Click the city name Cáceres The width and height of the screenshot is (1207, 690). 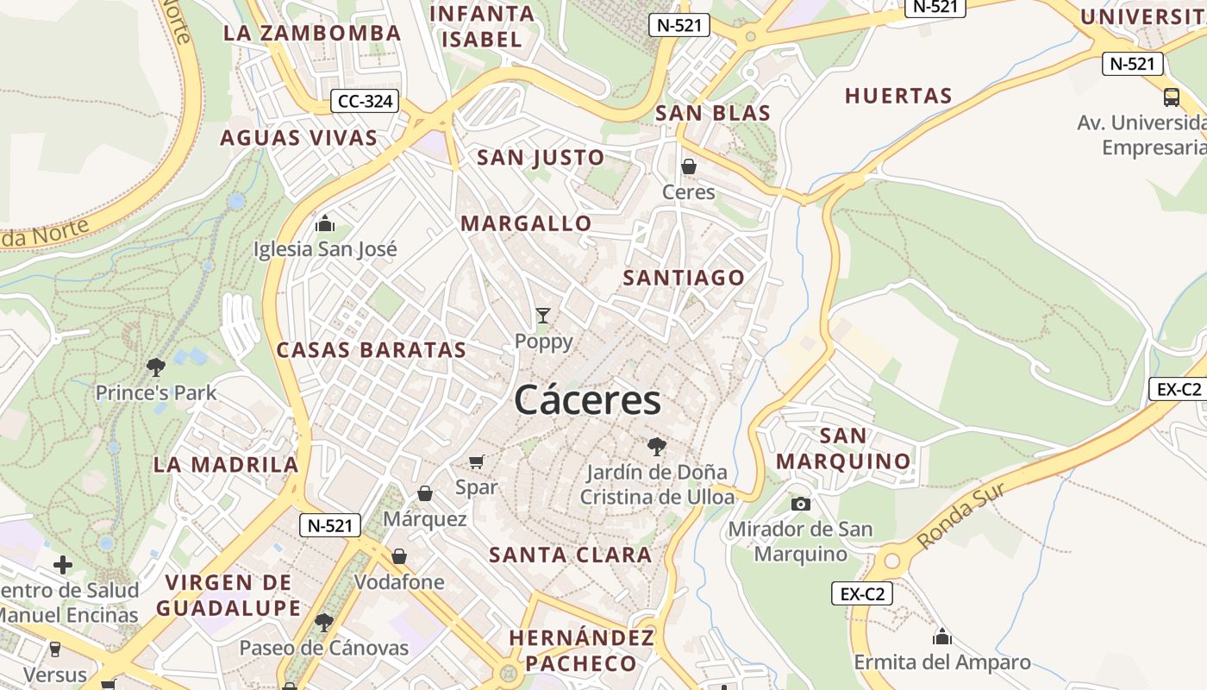click(588, 400)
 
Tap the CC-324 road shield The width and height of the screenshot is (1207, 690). click(366, 102)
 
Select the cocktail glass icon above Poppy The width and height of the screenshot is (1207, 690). click(542, 316)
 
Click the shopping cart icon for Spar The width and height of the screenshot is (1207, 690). click(477, 461)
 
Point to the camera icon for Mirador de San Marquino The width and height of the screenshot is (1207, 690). click(801, 504)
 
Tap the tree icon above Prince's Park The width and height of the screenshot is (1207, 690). click(156, 367)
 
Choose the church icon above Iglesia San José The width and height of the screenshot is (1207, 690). click(325, 223)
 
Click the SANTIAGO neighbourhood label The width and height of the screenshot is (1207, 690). click(684, 278)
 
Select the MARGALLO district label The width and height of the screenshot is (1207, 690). click(526, 224)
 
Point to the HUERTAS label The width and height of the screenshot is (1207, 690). click(898, 96)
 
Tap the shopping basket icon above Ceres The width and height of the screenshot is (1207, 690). click(689, 166)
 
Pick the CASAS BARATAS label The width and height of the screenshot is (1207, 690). click(371, 350)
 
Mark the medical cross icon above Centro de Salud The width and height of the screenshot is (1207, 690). click(63, 566)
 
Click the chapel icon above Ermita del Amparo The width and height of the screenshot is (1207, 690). click(942, 637)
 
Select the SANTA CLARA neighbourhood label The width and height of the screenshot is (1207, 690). click(571, 555)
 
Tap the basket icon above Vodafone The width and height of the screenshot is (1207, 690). click(399, 556)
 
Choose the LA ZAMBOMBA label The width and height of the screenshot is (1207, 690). click(312, 34)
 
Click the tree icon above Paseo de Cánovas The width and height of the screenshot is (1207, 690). click(324, 622)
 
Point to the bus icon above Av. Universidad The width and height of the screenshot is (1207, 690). click(1171, 97)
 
